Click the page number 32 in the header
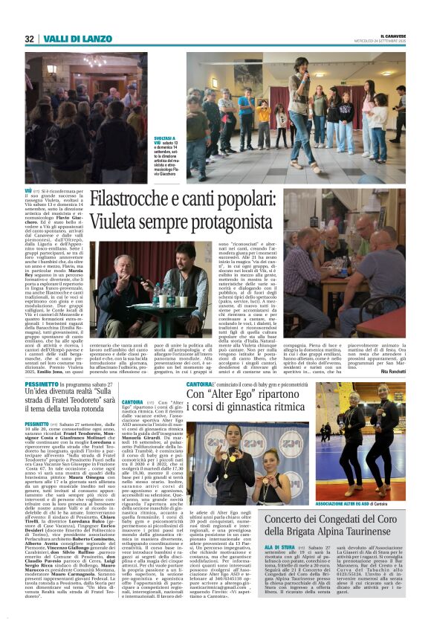(30, 39)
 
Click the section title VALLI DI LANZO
(67, 39)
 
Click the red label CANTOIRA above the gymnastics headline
(199, 384)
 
